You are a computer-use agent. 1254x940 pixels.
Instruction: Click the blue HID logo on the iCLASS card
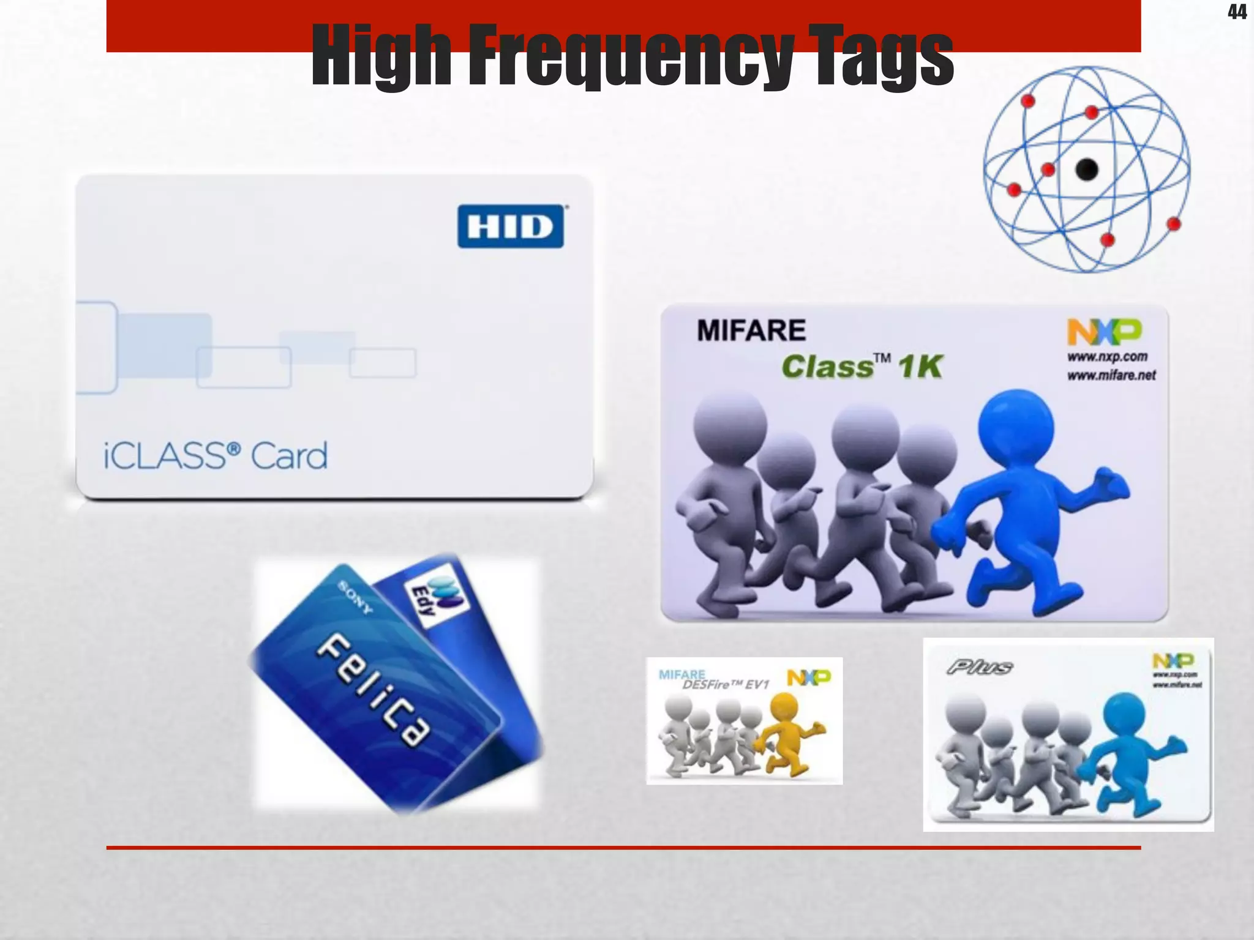click(x=511, y=226)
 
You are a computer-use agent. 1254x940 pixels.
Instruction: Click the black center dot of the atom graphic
click(x=1087, y=170)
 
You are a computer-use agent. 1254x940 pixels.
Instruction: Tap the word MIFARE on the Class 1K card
click(x=751, y=331)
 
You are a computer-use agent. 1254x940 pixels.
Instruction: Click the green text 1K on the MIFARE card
click(x=920, y=367)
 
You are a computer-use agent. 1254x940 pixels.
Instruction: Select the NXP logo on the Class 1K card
click(x=1105, y=332)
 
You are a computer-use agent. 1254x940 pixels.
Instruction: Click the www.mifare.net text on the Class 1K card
click(x=1111, y=375)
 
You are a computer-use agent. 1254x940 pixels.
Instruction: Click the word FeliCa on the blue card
click(x=373, y=690)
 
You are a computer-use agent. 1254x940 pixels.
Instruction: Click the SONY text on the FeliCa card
click(x=356, y=597)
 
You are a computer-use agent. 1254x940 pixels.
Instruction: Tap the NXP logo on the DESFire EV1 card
click(x=808, y=677)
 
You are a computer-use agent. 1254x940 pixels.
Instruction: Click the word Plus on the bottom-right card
click(x=980, y=667)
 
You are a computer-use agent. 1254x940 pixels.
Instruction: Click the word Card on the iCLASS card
click(x=289, y=456)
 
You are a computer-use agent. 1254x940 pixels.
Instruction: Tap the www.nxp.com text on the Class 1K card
click(x=1107, y=357)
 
